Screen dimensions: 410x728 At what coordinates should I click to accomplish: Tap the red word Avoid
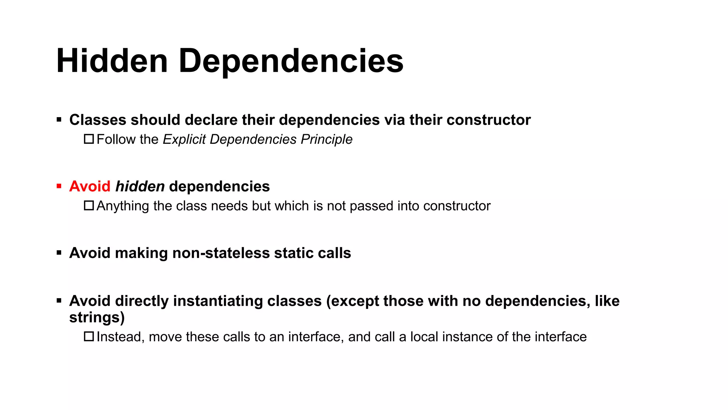(x=90, y=186)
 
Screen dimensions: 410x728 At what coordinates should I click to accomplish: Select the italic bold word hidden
(x=140, y=186)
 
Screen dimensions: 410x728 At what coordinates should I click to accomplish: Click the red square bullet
(x=59, y=186)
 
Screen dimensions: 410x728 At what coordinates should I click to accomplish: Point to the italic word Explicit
(x=184, y=140)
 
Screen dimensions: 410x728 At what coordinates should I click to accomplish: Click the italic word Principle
(x=326, y=140)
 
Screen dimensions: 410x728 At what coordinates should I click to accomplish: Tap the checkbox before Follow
(x=89, y=139)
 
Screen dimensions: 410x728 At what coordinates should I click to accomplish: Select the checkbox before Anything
(x=89, y=206)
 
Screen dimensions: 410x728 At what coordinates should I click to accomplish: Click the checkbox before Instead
(x=89, y=337)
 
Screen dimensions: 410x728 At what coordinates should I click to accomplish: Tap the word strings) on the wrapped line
(x=97, y=317)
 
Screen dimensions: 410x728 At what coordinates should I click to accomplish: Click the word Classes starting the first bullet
(x=97, y=120)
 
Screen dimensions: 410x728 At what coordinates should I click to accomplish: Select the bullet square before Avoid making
(x=59, y=253)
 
